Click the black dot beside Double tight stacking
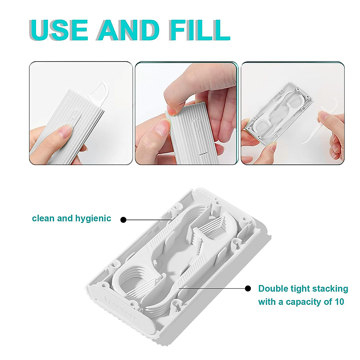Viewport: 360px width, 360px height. [248, 289]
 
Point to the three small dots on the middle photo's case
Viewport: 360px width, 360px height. [204, 153]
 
